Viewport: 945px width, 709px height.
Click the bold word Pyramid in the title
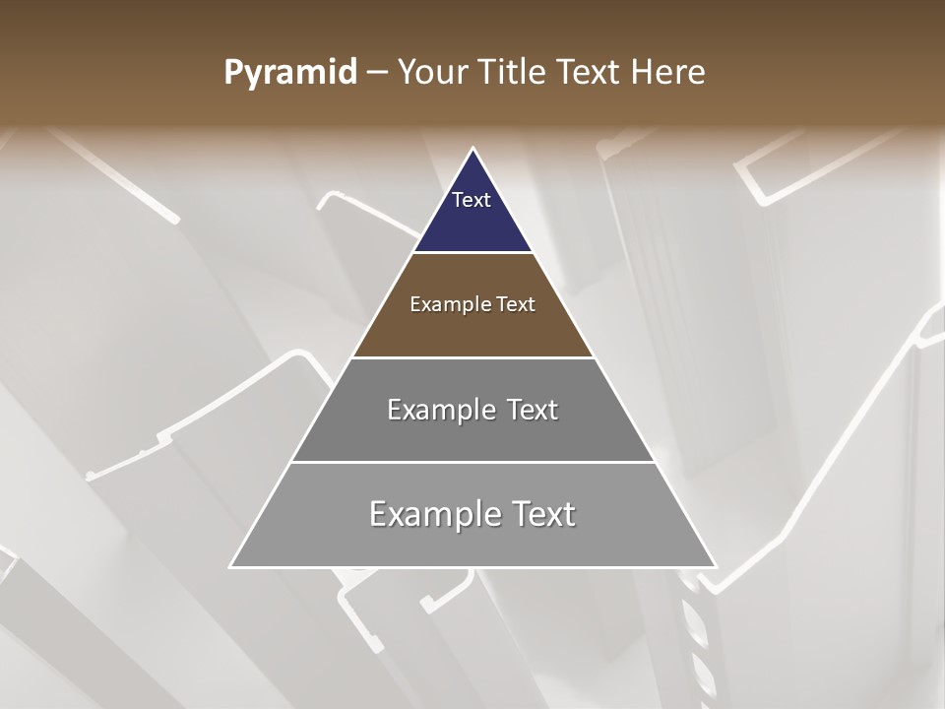pos(289,73)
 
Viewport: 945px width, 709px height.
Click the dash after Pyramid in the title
pos(377,73)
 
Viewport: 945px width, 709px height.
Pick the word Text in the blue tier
pos(472,200)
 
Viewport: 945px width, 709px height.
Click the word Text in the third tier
pos(532,410)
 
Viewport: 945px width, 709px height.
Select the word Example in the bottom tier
pos(435,514)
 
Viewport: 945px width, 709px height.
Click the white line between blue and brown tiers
pos(472,253)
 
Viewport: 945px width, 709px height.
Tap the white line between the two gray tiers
pos(472,462)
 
